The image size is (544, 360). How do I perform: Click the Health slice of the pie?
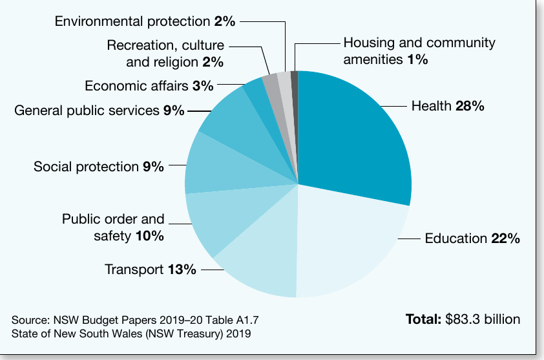point(350,139)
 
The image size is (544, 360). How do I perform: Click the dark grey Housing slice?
point(295,104)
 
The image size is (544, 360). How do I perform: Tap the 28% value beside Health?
point(470,106)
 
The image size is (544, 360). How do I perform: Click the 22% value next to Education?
point(505,238)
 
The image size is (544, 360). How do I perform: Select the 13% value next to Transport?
point(182,270)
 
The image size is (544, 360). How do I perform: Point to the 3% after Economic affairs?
point(203,86)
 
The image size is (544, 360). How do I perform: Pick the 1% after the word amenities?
point(418,59)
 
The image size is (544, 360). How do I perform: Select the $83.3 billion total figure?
point(483,319)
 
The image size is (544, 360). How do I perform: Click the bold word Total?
point(423,319)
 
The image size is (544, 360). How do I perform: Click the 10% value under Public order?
point(149,236)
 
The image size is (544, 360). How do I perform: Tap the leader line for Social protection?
point(178,165)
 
